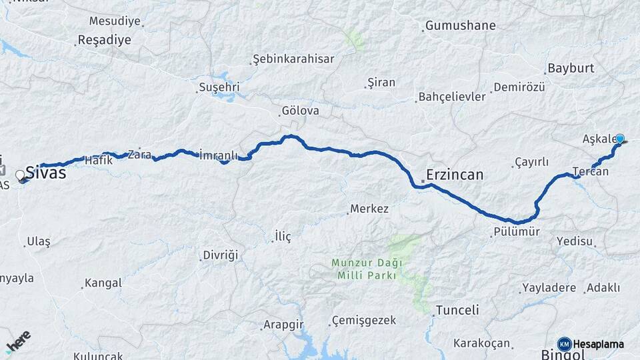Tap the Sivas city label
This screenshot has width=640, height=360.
click(46, 173)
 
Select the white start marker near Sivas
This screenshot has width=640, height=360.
click(20, 176)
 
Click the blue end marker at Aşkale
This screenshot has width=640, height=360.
click(620, 139)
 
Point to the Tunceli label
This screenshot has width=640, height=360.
click(457, 310)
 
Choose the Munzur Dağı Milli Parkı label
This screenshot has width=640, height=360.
click(363, 269)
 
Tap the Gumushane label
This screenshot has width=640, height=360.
click(461, 26)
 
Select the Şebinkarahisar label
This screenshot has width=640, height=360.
click(293, 59)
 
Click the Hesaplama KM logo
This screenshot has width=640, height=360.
click(591, 344)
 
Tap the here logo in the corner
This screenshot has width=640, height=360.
click(18, 341)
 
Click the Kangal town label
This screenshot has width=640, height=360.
click(103, 283)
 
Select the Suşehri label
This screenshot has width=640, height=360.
click(219, 87)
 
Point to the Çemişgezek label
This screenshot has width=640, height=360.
click(365, 321)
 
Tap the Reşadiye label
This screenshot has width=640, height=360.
click(105, 39)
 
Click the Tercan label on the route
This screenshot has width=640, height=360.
click(591, 172)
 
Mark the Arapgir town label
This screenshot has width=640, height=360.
click(283, 325)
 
